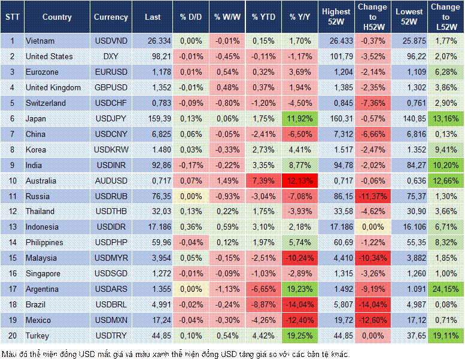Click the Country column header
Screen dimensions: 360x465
[x=57, y=17]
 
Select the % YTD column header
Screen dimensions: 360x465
[x=263, y=17]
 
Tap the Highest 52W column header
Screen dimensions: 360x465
[x=336, y=17]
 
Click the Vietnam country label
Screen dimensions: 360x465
[x=40, y=41]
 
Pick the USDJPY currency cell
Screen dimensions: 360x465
[x=111, y=118]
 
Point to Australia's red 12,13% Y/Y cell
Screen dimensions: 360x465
[x=300, y=181]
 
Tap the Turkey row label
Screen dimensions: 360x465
[x=38, y=335]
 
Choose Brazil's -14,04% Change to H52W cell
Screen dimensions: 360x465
[x=372, y=304]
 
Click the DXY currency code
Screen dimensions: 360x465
[x=111, y=56]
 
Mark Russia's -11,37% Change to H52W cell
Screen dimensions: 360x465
[x=372, y=196]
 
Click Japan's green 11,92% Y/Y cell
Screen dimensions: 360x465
[x=300, y=118]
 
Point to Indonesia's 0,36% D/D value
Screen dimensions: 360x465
[x=191, y=227]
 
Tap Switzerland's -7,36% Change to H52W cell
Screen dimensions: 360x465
[x=372, y=103]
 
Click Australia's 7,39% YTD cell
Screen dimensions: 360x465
[x=263, y=181]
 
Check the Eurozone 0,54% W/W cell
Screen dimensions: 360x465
[x=227, y=72]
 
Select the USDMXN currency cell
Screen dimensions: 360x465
[x=111, y=320]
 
